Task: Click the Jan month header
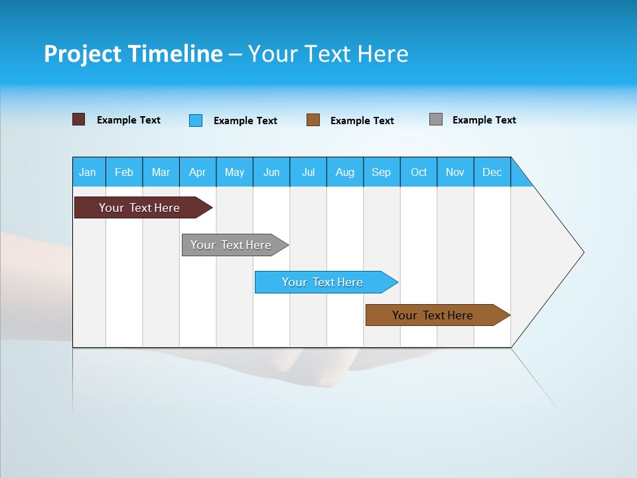point(88,172)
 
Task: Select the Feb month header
point(124,172)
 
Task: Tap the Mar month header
point(161,172)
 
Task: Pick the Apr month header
point(198,172)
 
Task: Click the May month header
point(234,172)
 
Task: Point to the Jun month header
point(271,172)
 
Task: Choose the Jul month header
point(308,172)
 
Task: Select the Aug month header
point(345,172)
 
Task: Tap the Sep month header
point(382,172)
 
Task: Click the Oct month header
point(419,172)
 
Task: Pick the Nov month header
point(455,172)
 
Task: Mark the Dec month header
point(492,172)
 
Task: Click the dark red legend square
point(79,119)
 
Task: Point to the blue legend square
point(196,120)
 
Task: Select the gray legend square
point(436,119)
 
